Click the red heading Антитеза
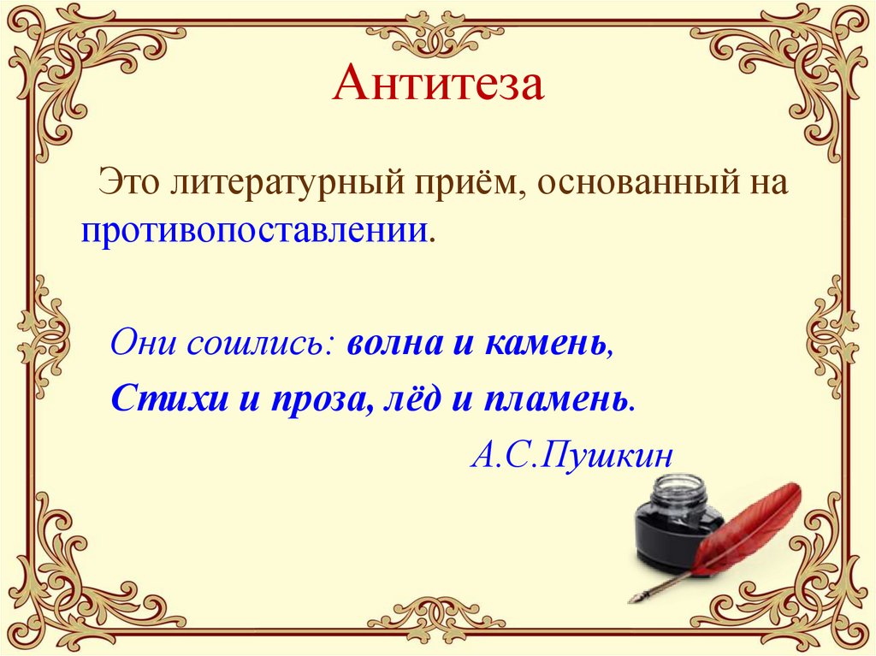click(x=437, y=86)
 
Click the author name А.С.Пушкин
click(x=571, y=454)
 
